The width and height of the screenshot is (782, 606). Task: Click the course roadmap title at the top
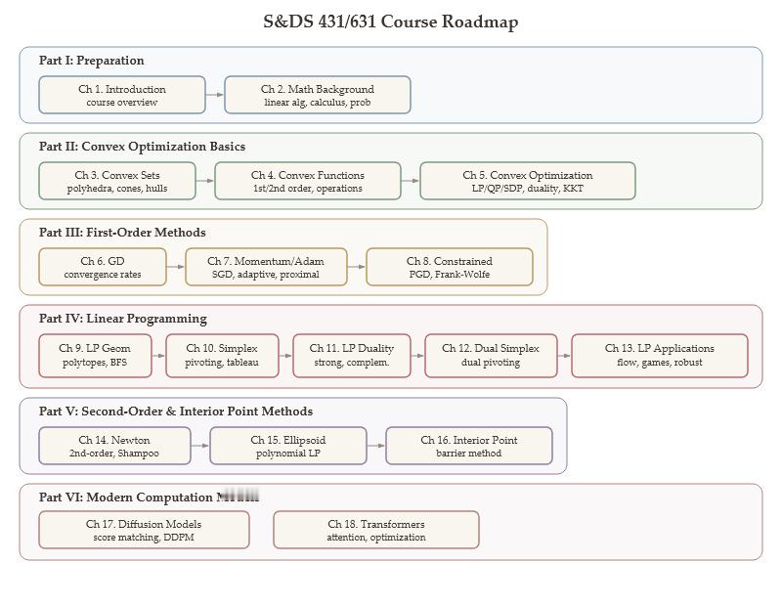tap(390, 22)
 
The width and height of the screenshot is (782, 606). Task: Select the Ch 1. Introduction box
tap(122, 95)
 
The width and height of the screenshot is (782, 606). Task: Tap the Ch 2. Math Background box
tap(318, 95)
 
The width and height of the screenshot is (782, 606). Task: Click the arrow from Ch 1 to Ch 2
tap(215, 95)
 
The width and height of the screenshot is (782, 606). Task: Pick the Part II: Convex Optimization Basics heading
tap(142, 147)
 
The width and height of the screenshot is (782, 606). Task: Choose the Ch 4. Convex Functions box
tap(308, 181)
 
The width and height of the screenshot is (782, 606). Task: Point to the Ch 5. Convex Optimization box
tap(528, 181)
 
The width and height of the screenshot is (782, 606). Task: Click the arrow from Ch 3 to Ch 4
tap(205, 181)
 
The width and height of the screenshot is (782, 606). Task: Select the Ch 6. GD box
tap(103, 267)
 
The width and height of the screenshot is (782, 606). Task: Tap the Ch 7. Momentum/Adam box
tap(266, 267)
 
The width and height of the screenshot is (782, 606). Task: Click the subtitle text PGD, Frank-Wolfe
tap(450, 275)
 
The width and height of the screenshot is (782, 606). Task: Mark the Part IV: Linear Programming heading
tap(123, 319)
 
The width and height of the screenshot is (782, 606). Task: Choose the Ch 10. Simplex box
tap(222, 355)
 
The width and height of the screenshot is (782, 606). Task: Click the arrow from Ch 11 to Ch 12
tap(417, 355)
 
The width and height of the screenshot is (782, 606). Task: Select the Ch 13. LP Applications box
tap(660, 355)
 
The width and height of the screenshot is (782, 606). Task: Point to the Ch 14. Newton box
tap(114, 446)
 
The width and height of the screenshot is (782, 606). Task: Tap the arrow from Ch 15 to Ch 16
tap(376, 446)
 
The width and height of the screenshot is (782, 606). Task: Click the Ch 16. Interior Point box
tap(469, 446)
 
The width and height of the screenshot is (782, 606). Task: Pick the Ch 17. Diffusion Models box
tap(144, 530)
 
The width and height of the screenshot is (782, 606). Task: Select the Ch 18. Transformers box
tap(376, 530)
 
